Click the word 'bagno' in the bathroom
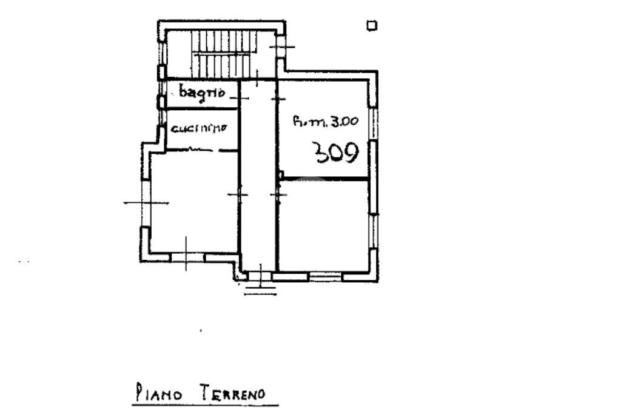coord(203,93)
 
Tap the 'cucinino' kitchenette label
coord(199,128)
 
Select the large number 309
coord(335,153)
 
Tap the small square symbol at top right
coord(372,25)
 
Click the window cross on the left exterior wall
coord(146,203)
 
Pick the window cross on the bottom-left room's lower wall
coord(186,257)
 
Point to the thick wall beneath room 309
coord(325,178)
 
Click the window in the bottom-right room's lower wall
coord(325,276)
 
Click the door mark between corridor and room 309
coord(278,98)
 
